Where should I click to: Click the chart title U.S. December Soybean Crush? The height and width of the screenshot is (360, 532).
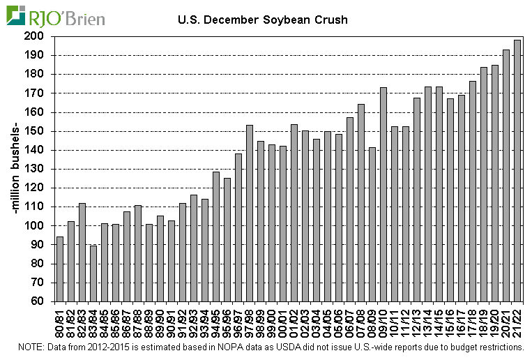point(262,20)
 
